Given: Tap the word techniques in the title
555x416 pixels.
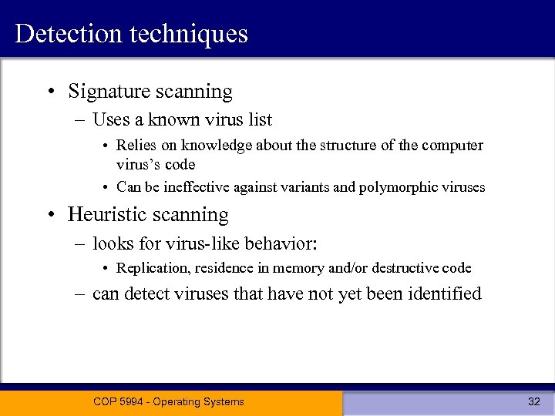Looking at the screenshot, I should click(187, 34).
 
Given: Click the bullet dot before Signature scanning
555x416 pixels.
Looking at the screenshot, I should click(50, 92).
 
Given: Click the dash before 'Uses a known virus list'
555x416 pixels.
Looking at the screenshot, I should click(81, 120).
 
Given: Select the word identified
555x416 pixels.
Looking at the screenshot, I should click(444, 294).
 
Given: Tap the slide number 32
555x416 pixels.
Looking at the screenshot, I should click(533, 401).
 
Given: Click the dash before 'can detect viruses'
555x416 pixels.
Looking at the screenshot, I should click(81, 294).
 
